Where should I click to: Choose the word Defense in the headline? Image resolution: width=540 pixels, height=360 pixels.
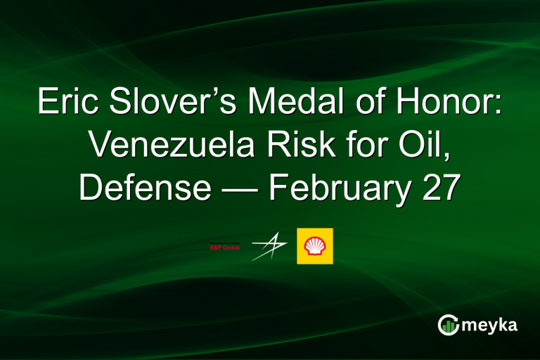(144, 188)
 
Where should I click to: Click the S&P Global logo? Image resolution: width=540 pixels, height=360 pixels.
(224, 247)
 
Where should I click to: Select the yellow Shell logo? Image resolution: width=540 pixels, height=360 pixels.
(315, 246)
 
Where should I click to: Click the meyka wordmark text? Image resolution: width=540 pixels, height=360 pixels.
(489, 325)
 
